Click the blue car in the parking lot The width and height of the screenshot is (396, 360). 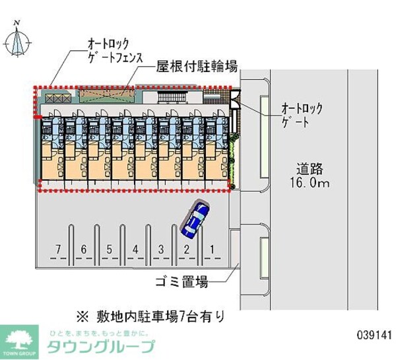click(194, 220)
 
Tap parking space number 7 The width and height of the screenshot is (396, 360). click(59, 249)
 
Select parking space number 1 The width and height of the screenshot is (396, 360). click(211, 249)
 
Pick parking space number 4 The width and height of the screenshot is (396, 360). click(135, 249)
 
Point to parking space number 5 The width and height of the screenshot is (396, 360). click(109, 249)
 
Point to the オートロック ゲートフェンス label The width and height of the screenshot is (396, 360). click(115, 50)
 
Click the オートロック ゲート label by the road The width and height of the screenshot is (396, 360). click(304, 114)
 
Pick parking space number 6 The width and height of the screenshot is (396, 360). click(84, 249)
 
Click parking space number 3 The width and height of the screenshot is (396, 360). click(160, 249)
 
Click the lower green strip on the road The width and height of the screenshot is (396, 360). click(264, 254)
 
